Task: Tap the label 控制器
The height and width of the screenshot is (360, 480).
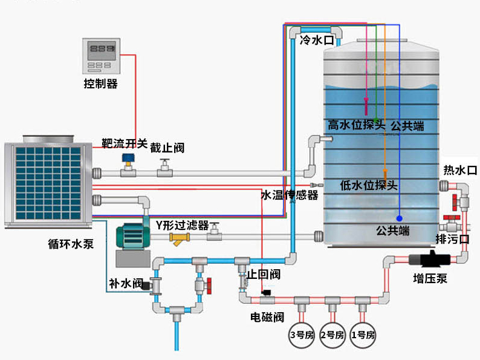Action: (100, 84)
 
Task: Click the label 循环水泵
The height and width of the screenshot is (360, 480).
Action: (70, 245)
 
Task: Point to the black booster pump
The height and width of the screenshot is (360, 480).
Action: (430, 260)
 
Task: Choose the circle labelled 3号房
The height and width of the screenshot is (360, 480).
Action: (301, 334)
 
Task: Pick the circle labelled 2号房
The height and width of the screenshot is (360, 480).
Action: (332, 334)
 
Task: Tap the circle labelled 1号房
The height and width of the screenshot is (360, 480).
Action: (363, 334)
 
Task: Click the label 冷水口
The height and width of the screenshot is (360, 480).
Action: (317, 41)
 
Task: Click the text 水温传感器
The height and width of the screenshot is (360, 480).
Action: (289, 195)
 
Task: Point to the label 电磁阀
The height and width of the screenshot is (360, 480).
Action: (267, 316)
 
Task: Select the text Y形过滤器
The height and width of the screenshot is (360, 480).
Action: (182, 226)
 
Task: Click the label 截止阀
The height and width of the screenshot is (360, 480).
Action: (167, 147)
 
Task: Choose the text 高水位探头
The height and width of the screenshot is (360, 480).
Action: (357, 125)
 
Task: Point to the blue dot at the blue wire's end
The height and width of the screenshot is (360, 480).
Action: (399, 218)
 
